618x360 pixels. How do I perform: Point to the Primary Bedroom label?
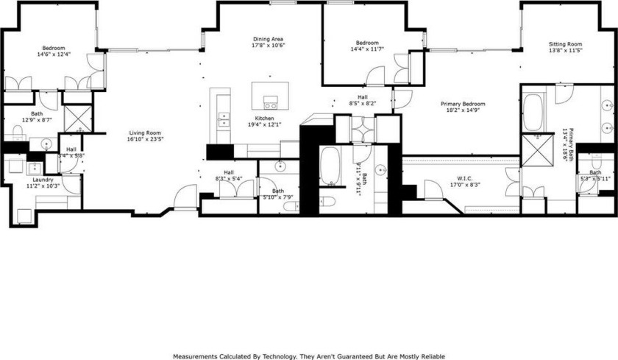(x=463, y=105)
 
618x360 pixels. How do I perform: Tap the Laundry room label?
(x=43, y=180)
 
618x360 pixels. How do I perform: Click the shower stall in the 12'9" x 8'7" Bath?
(x=76, y=117)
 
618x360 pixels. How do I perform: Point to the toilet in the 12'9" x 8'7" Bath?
(x=18, y=133)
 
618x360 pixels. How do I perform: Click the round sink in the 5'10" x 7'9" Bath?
(x=280, y=166)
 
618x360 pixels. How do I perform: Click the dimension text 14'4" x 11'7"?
(x=367, y=51)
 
